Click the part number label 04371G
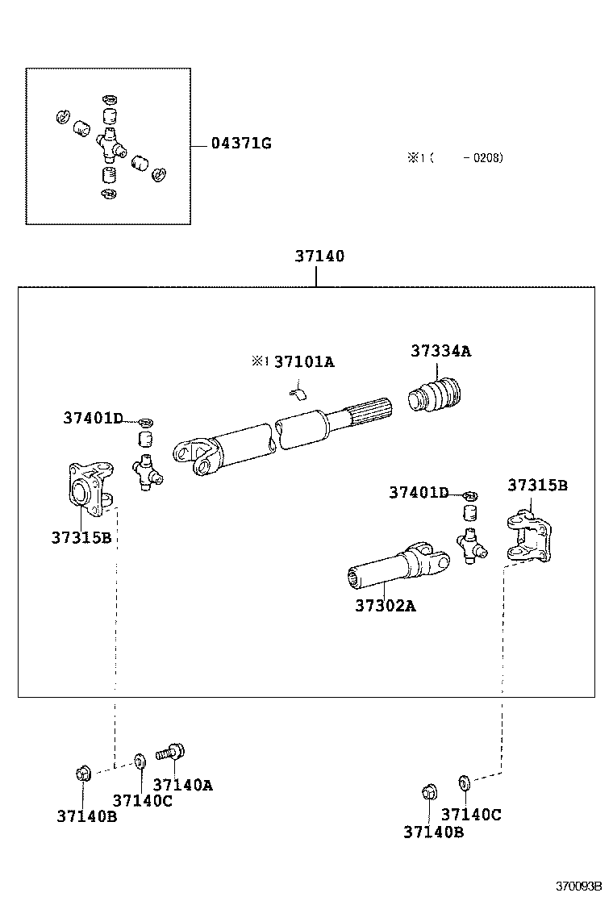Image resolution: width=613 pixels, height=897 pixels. click(x=240, y=144)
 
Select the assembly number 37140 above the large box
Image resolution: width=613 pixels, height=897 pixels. click(x=319, y=257)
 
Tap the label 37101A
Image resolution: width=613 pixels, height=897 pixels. click(x=303, y=361)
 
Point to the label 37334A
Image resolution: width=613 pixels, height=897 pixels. click(x=440, y=351)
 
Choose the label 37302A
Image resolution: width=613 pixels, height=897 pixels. click(x=385, y=606)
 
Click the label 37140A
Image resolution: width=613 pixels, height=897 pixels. click(x=182, y=784)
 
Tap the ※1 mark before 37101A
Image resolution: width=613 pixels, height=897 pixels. click(x=259, y=361)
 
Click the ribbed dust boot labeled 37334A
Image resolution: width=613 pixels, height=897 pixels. click(x=437, y=396)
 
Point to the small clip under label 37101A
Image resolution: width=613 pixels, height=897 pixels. click(x=298, y=392)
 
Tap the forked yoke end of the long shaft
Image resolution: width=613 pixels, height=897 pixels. click(x=196, y=457)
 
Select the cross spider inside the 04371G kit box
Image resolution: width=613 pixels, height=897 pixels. click(x=109, y=145)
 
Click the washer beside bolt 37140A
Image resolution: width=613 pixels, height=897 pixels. click(x=140, y=760)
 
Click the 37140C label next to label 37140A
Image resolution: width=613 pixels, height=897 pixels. click(x=142, y=800)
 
